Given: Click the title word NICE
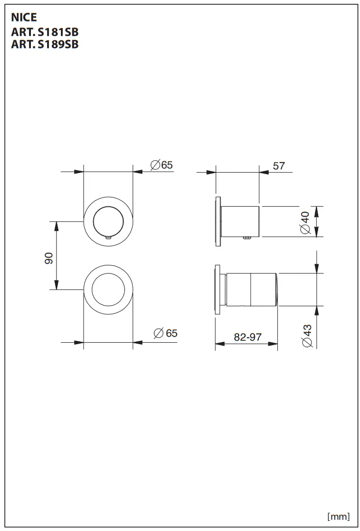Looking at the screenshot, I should click(24, 19).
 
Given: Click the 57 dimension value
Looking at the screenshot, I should click(279, 165).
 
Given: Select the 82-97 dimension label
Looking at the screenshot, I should click(248, 337).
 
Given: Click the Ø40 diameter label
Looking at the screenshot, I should click(305, 222).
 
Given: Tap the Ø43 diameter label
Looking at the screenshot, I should click(307, 336).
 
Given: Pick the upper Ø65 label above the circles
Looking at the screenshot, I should click(162, 165).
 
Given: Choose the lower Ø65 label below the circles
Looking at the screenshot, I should click(165, 333).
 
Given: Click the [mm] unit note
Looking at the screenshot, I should click(338, 516).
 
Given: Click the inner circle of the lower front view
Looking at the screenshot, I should click(108, 290).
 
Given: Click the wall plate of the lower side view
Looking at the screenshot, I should click(218, 290).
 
